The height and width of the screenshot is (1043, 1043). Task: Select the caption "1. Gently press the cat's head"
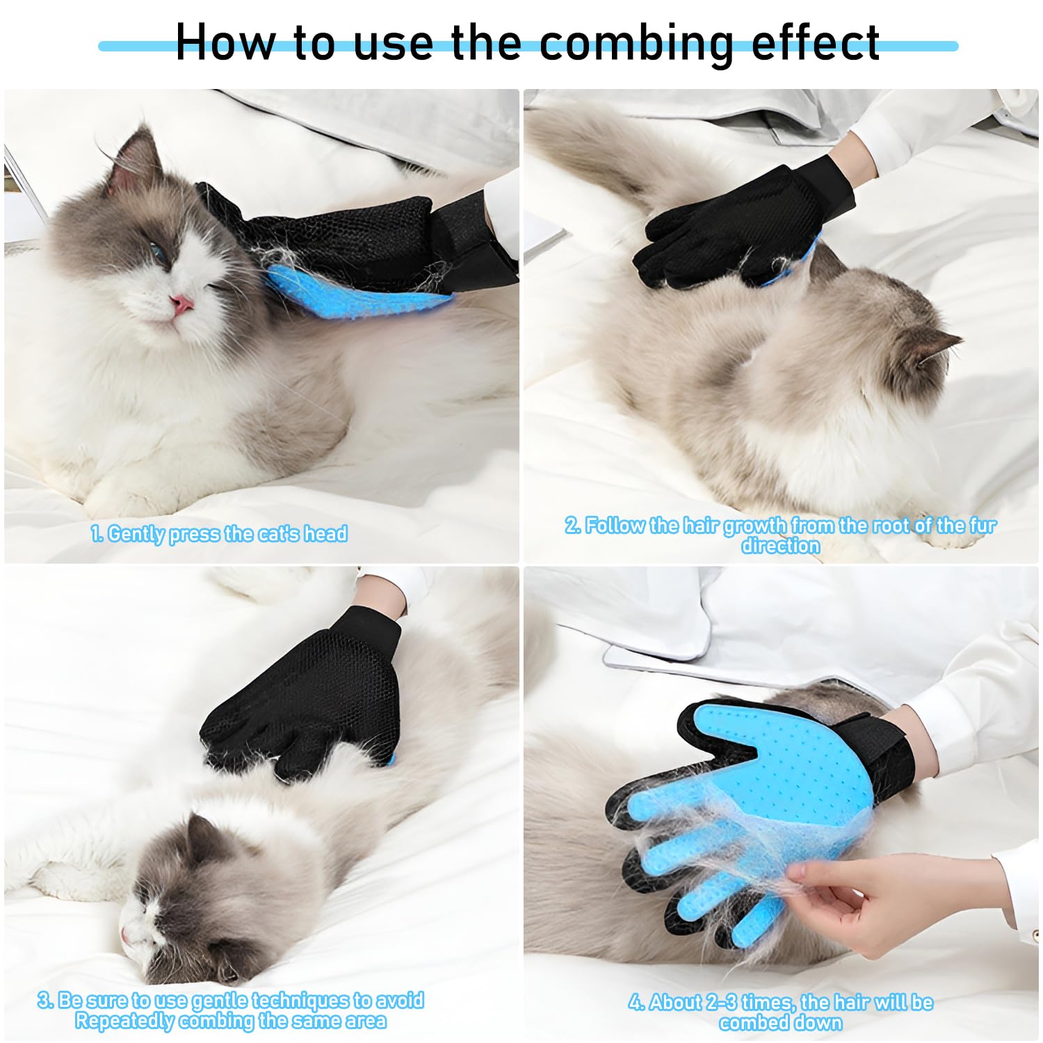click(x=219, y=534)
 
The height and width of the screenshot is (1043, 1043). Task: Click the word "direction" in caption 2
click(x=780, y=546)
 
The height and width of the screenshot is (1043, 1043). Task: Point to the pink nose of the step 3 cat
click(x=126, y=936)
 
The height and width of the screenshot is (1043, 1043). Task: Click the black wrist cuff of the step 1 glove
click(x=473, y=236)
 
